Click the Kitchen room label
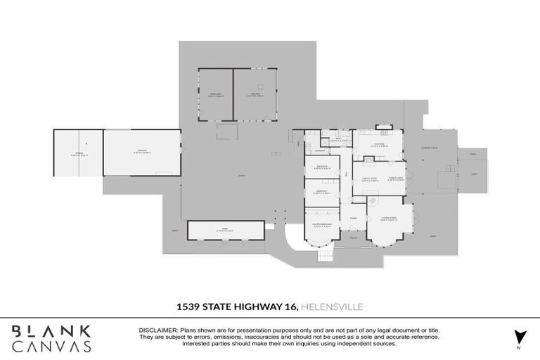click(x=378, y=145)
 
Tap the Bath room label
click(x=338, y=139)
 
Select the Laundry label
click(x=319, y=150)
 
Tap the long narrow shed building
click(x=226, y=230)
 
